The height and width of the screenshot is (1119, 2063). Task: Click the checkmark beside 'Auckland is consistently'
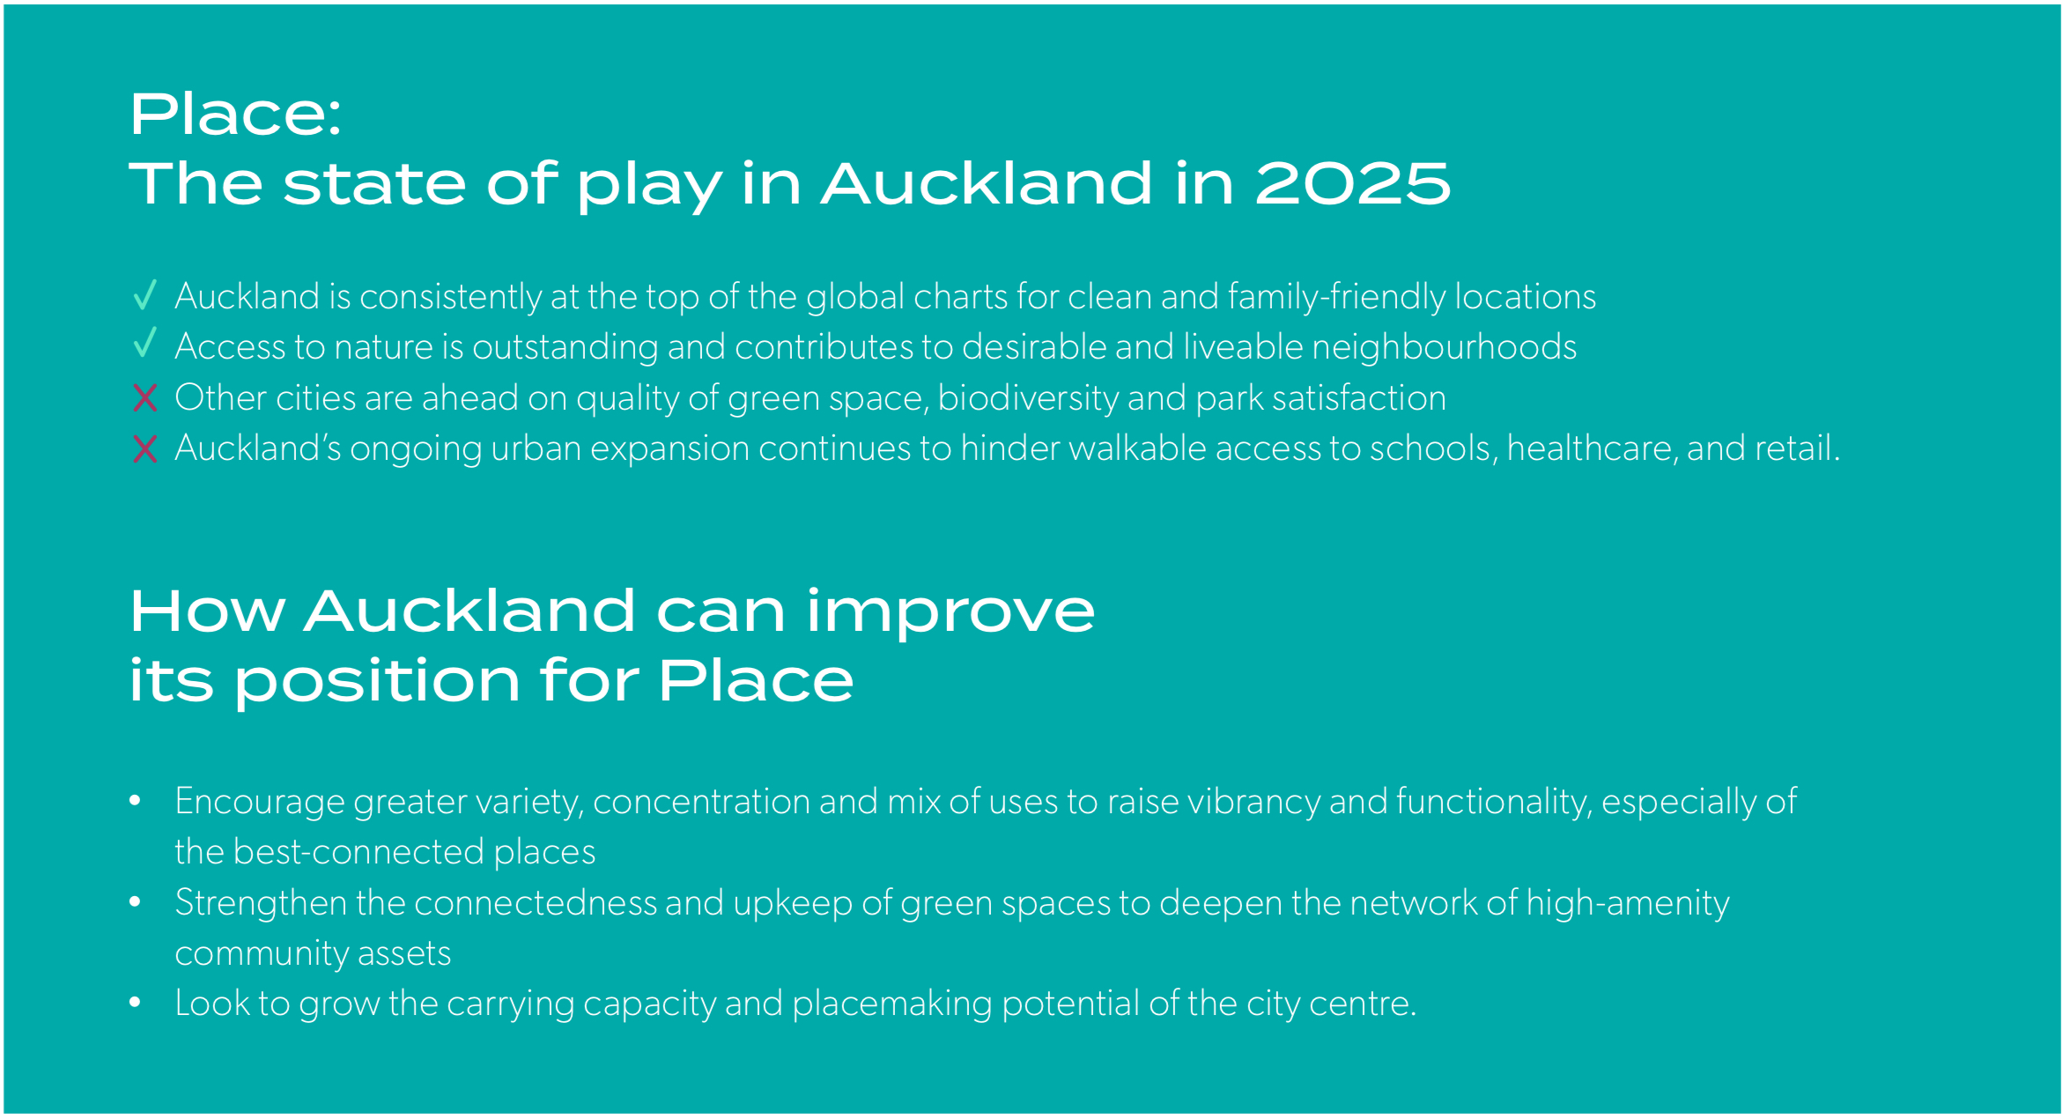pos(145,295)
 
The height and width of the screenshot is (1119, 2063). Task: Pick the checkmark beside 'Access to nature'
pos(145,343)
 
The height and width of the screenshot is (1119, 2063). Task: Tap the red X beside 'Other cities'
pos(145,398)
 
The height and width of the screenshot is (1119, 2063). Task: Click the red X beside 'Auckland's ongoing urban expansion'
pos(145,449)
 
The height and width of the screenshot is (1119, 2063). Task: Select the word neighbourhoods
pos(1445,346)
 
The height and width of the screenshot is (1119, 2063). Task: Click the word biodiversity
pos(1028,398)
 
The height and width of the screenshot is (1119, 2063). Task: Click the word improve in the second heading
pos(950,612)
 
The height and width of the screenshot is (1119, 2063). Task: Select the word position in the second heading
pos(378,683)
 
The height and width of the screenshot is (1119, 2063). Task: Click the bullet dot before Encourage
pos(135,800)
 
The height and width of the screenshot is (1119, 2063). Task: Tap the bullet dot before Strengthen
pos(135,901)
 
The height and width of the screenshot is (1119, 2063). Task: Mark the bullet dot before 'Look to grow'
pos(135,1002)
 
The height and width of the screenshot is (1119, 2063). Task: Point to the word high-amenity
pos(1628,904)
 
